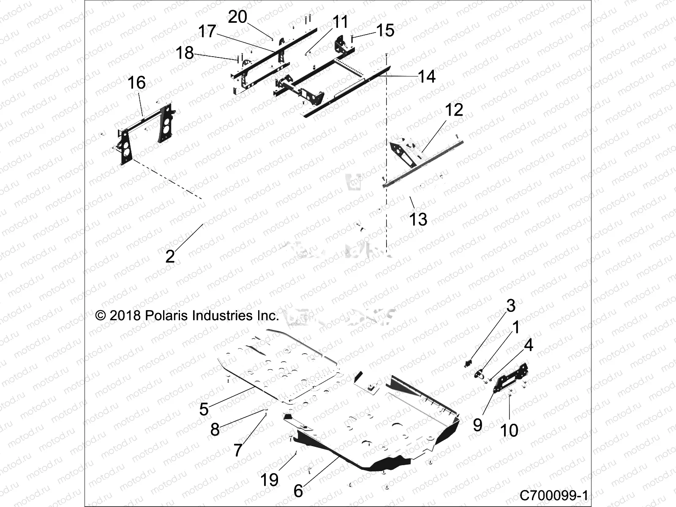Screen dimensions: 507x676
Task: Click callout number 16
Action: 136,83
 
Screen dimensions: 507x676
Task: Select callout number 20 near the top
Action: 237,17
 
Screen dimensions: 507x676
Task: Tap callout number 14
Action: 426,77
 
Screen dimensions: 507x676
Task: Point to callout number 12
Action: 454,110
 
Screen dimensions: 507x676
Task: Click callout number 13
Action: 418,219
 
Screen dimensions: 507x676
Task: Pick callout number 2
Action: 170,256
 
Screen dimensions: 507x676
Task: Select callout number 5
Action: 204,409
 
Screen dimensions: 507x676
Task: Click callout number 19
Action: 269,480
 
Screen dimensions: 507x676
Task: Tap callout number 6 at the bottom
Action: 298,491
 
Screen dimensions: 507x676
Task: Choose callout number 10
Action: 509,431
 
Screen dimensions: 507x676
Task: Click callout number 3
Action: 511,305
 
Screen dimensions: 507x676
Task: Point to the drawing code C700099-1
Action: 553,495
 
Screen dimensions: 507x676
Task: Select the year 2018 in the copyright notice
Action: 125,316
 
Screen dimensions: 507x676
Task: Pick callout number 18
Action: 185,53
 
